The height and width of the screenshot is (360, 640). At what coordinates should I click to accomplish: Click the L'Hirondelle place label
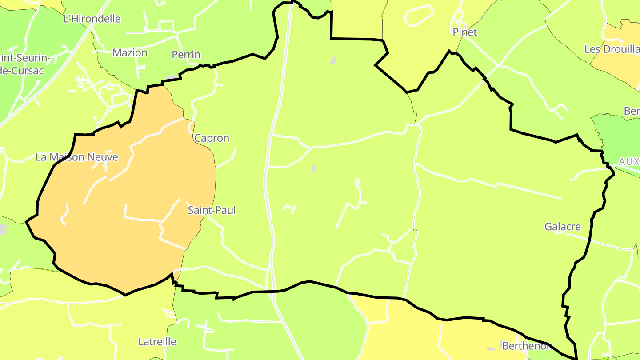tap(92, 19)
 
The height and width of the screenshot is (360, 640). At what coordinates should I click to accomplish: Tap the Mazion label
tap(130, 52)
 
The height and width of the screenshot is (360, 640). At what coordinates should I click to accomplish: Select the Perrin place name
tap(186, 55)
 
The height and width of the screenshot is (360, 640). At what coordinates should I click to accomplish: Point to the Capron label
tap(212, 138)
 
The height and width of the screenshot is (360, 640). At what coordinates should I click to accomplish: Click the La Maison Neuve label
tap(77, 157)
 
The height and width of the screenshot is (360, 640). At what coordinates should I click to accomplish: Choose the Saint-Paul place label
tap(212, 210)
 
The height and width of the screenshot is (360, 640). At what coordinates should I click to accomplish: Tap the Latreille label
tap(157, 342)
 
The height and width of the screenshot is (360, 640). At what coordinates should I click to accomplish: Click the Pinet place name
tap(465, 32)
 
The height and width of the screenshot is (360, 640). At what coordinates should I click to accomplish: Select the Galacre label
tap(563, 227)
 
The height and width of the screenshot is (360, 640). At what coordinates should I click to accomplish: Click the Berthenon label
tap(527, 346)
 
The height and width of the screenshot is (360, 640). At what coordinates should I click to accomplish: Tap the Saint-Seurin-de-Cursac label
tap(24, 64)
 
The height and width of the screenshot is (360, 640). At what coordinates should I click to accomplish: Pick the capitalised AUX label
tap(628, 161)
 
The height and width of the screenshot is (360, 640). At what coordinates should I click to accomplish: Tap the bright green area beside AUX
tap(618, 133)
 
